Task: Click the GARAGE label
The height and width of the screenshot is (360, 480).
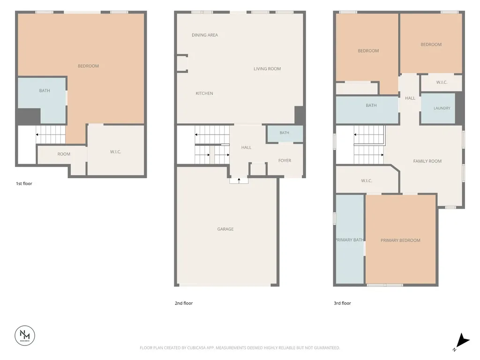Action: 225,229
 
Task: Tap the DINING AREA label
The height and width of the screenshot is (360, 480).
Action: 205,35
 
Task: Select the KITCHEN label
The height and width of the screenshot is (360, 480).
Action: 204,93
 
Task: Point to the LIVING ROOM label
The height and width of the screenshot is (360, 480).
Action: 267,69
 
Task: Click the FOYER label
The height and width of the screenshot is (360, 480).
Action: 285,160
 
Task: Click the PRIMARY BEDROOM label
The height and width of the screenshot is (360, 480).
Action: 400,240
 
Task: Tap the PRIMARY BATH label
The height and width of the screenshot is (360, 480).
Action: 350,240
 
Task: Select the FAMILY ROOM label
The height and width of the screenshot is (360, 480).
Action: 427,161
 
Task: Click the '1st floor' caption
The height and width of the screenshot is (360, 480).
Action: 24,184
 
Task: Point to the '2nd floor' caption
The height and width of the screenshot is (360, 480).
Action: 184,303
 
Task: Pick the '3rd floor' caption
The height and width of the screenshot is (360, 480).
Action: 342,303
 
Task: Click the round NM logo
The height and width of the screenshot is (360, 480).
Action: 25,336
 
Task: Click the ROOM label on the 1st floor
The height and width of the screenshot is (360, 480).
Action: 64,154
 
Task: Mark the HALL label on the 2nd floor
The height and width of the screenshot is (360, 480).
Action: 246,148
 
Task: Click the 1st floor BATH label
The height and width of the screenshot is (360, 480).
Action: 45,90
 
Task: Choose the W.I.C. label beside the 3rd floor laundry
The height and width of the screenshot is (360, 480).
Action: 442,82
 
